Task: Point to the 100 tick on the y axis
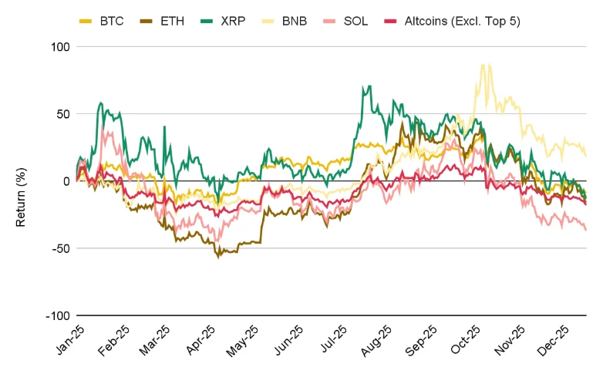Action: pyautogui.click(x=61, y=46)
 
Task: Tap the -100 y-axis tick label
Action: pyautogui.click(x=59, y=316)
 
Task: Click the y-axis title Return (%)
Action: pyautogui.click(x=22, y=181)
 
